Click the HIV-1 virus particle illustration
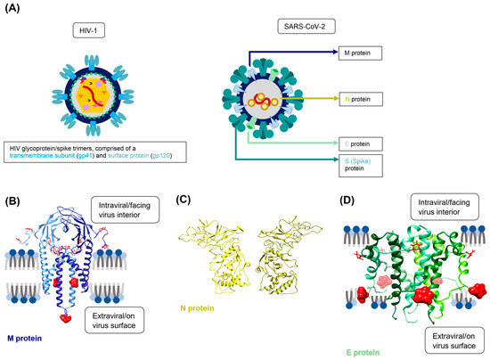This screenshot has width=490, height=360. (89, 93)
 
